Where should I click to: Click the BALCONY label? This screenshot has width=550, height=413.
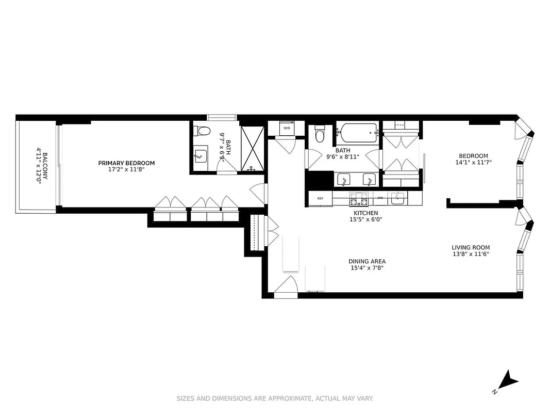click(x=45, y=166)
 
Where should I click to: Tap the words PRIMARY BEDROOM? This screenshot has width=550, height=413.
click(x=126, y=163)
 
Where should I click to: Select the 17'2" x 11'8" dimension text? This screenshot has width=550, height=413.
click(x=126, y=169)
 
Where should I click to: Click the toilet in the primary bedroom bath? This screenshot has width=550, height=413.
click(x=204, y=131)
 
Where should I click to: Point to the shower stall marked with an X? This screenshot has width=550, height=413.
click(x=252, y=148)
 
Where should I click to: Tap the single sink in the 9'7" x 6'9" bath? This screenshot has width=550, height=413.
click(x=201, y=155)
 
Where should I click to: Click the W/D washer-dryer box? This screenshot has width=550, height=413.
click(x=287, y=128)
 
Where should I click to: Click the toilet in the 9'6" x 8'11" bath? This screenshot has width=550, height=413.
click(x=320, y=135)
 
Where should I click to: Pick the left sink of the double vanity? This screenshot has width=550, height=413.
click(x=344, y=180)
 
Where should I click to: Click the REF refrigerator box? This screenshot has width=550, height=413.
click(x=320, y=198)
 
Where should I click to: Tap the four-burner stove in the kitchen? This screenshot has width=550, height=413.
click(x=356, y=198)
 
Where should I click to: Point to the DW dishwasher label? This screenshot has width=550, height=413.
click(x=380, y=198)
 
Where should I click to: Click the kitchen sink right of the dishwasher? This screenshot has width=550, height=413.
click(x=397, y=197)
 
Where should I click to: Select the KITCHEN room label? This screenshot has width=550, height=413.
click(x=365, y=213)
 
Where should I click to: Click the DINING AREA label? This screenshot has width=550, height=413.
click(x=366, y=261)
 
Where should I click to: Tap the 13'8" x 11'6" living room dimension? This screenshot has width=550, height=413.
click(x=471, y=253)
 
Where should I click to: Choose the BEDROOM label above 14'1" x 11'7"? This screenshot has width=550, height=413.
click(x=473, y=156)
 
